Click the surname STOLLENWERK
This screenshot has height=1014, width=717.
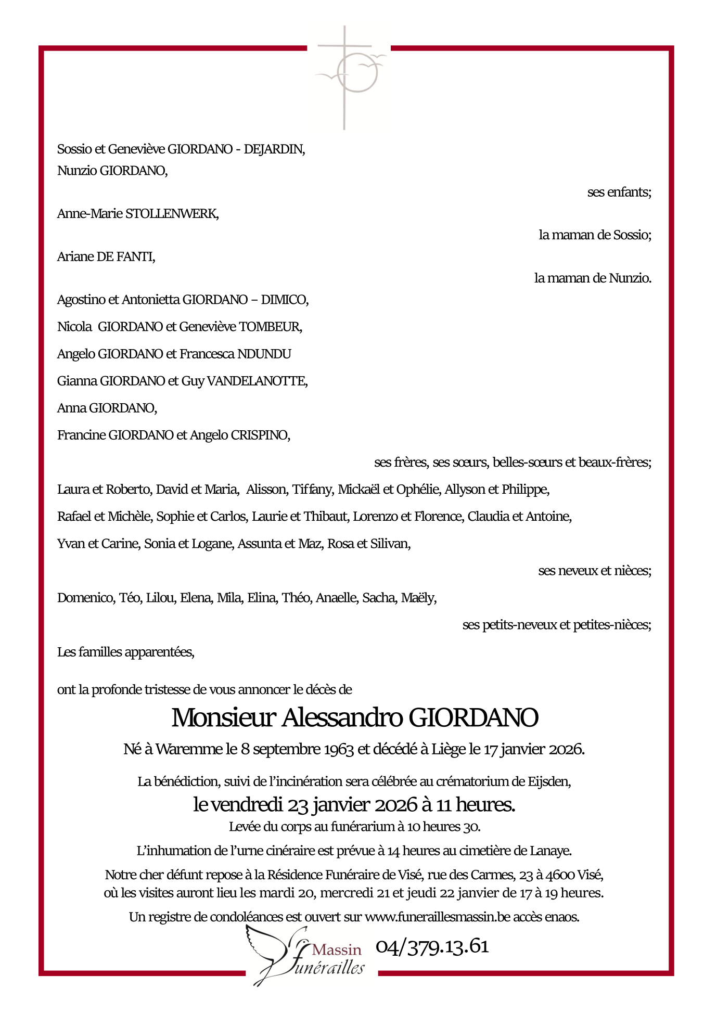click(x=172, y=214)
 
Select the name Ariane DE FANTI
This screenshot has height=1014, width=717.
click(x=106, y=256)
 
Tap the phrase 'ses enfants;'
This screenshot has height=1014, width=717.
click(x=619, y=192)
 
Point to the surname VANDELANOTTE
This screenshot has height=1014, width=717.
click(x=257, y=381)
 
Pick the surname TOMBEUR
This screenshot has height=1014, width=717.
click(x=270, y=327)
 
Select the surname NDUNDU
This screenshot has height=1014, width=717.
click(x=264, y=354)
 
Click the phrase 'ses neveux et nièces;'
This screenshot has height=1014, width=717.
click(x=594, y=571)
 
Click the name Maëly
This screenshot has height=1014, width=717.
click(x=418, y=598)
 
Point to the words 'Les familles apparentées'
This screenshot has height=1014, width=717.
click(x=125, y=652)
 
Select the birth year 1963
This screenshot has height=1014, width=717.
click(x=339, y=749)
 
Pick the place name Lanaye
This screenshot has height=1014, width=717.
click(x=550, y=851)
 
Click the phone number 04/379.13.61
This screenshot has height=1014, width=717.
click(x=432, y=946)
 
